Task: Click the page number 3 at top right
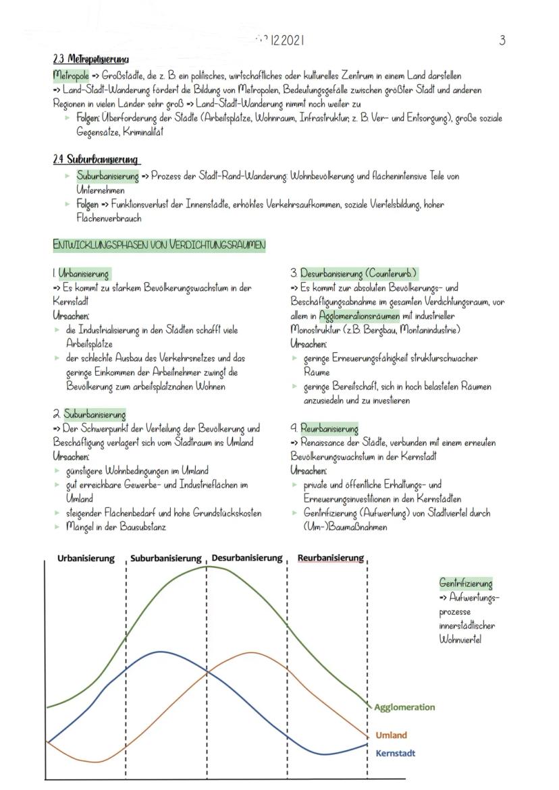click(x=502, y=40)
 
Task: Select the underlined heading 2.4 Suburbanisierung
click(x=97, y=159)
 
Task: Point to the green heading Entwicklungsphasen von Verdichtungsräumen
click(x=159, y=244)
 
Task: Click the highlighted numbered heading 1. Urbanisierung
click(x=81, y=274)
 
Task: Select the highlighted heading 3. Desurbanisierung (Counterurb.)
click(x=354, y=274)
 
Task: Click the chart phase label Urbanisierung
click(x=84, y=559)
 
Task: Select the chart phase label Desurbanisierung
click(x=246, y=559)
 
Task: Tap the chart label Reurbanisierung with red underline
click(x=330, y=559)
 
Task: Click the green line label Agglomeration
click(x=404, y=707)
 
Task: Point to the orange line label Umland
click(x=391, y=735)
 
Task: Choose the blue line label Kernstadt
click(x=395, y=753)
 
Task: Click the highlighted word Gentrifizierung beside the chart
click(x=466, y=584)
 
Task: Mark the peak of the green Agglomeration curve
click(x=209, y=566)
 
